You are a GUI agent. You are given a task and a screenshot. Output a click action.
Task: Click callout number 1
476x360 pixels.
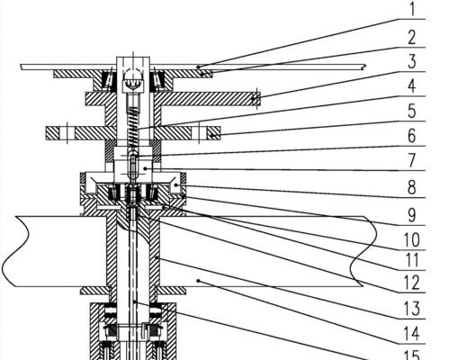pyautogui.click(x=412, y=9)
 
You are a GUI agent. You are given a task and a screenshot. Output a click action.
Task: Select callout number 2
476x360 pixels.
pyautogui.click(x=412, y=37)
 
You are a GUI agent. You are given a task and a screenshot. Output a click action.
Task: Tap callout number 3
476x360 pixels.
pyautogui.click(x=412, y=61)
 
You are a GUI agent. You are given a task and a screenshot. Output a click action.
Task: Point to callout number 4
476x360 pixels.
pyautogui.click(x=412, y=85)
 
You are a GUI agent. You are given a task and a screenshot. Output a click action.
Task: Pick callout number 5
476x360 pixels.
pyautogui.click(x=412, y=111)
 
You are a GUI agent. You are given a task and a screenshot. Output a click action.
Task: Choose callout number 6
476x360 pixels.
pyautogui.click(x=412, y=135)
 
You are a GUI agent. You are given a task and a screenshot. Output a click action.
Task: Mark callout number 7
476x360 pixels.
pyautogui.click(x=412, y=160)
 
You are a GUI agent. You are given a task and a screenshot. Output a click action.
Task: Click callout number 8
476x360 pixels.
pyautogui.click(x=412, y=187)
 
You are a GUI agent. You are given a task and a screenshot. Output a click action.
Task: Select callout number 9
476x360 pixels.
pyautogui.click(x=412, y=215)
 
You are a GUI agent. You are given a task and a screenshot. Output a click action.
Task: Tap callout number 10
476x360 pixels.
pyautogui.click(x=412, y=239)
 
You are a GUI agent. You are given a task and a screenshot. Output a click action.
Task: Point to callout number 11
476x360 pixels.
pyautogui.click(x=412, y=260)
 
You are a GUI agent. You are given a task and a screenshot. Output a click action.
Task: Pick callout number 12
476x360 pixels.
pyautogui.click(x=412, y=283)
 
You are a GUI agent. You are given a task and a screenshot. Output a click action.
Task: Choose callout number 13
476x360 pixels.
pyautogui.click(x=412, y=309)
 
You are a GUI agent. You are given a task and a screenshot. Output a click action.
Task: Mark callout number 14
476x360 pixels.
pyautogui.click(x=412, y=333)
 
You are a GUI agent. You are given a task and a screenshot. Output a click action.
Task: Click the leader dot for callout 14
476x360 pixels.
pyautogui.click(x=199, y=281)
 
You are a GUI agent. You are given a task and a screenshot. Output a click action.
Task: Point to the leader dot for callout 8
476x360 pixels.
pyautogui.click(x=175, y=184)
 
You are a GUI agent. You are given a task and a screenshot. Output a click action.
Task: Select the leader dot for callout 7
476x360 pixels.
pyautogui.click(x=146, y=168)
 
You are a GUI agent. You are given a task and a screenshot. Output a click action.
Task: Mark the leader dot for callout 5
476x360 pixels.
pyautogui.click(x=211, y=135)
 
